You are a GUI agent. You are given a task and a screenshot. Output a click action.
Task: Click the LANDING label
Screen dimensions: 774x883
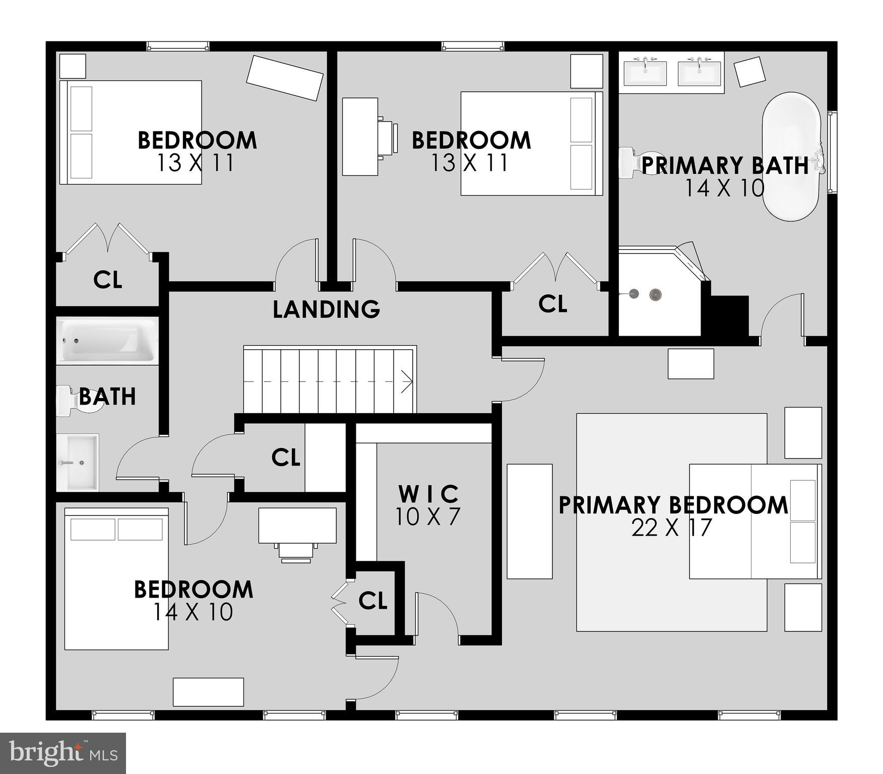coord(326,309)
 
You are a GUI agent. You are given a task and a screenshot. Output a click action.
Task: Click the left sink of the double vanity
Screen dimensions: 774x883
coord(645,74)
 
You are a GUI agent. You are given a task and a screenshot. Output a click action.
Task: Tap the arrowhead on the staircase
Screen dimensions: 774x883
coord(407,381)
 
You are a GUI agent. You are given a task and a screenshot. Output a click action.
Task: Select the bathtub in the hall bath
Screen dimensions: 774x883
coord(107,341)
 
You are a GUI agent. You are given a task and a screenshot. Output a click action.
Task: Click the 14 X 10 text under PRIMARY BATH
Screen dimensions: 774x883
coord(724,188)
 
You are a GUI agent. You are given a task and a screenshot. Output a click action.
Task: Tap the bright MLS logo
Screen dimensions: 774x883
coord(63,753)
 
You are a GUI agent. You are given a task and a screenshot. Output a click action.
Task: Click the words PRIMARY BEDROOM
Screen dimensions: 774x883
coord(673,505)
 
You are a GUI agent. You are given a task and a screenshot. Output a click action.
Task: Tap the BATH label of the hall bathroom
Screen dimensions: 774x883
coord(107,397)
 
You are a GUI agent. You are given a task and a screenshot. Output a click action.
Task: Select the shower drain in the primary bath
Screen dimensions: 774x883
coord(655,294)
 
